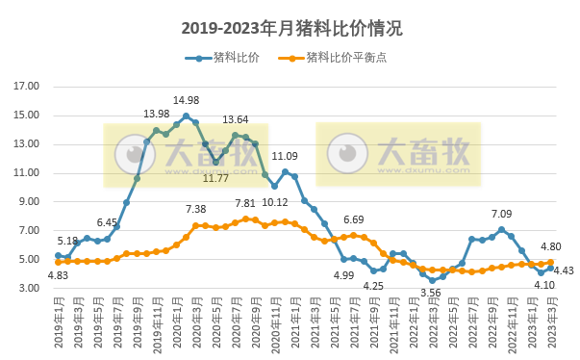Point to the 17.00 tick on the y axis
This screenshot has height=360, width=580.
[x=26, y=87]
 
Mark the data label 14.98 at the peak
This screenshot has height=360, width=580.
[x=186, y=100]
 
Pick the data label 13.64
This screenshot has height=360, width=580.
[x=235, y=120]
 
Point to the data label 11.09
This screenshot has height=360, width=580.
[x=285, y=156]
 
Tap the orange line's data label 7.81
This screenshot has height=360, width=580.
[x=245, y=203]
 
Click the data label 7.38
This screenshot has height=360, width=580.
[x=195, y=209]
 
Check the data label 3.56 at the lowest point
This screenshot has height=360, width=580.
[x=431, y=293]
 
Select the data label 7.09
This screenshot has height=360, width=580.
[x=500, y=215]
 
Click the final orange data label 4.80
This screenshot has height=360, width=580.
[x=551, y=246]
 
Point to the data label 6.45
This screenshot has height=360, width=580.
[x=106, y=222]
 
